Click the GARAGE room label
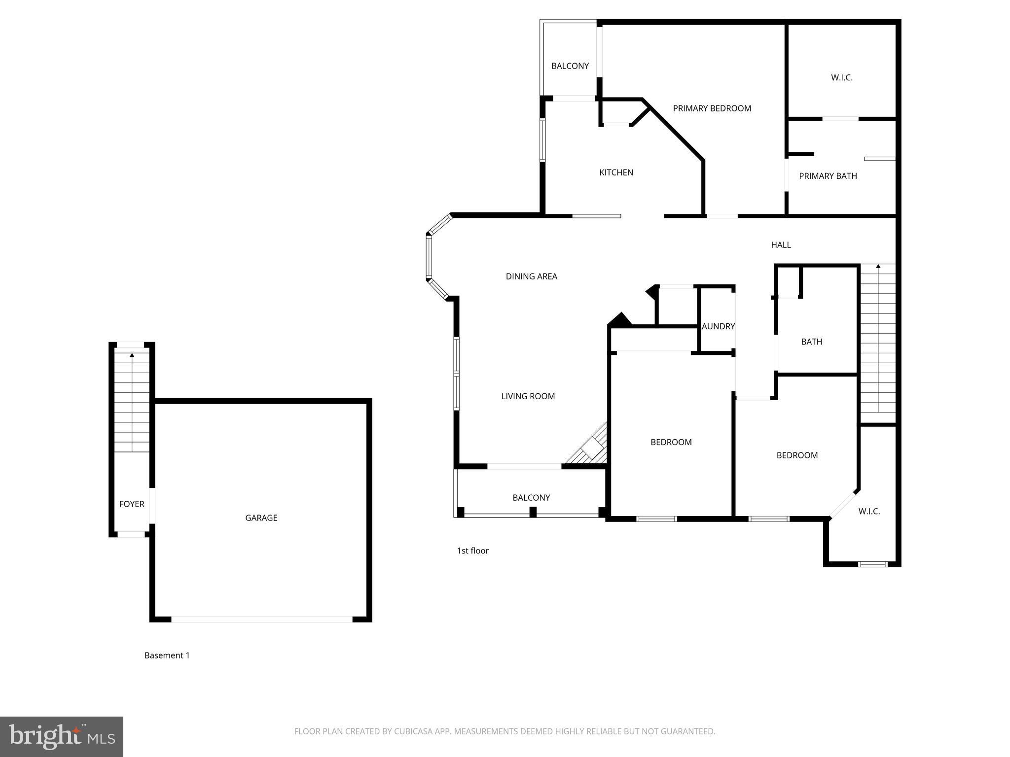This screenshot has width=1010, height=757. point(261,517)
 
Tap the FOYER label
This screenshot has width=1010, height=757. point(132,504)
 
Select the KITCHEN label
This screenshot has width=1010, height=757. point(616,172)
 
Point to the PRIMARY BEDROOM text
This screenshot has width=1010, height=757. point(712,108)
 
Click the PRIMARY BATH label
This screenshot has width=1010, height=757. point(828,175)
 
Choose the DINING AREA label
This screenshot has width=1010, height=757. point(531,276)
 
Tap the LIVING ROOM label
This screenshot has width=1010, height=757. point(528,396)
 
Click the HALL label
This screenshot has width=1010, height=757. point(781,244)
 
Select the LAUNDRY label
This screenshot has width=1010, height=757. point(718,326)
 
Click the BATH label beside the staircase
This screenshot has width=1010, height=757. point(811,341)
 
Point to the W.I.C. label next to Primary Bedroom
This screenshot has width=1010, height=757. point(841,77)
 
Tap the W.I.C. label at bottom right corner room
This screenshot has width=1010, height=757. point(869,511)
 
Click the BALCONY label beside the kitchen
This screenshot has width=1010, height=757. point(570,66)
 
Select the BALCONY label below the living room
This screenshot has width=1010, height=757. point(531,497)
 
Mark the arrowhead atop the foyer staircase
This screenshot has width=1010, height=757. point(132,354)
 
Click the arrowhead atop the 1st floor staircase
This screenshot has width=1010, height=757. point(878,266)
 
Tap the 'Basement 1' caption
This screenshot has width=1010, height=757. point(167,655)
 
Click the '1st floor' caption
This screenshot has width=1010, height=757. point(472,551)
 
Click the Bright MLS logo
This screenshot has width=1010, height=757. point(62,736)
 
